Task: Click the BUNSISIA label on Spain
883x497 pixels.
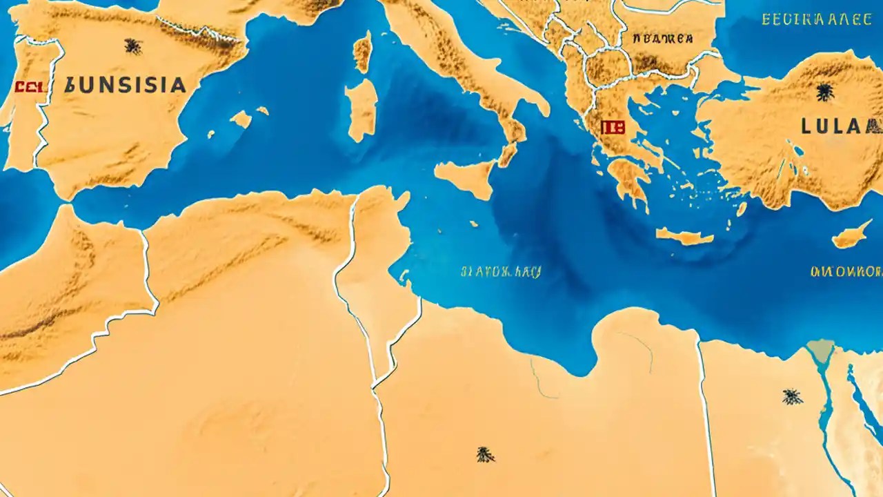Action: point(125,86)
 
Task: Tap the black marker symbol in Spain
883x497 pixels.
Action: point(132,46)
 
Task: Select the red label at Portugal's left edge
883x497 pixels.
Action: point(29,87)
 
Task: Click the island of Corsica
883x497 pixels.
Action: point(362,52)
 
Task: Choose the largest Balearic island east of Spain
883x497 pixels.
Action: point(241,119)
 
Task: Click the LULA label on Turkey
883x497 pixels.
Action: point(840,126)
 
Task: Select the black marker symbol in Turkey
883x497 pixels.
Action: point(824,91)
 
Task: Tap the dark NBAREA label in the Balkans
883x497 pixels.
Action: point(662,39)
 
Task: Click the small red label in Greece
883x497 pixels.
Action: point(612,127)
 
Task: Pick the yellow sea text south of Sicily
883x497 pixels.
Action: point(500,271)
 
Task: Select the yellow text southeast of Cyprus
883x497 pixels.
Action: point(846,271)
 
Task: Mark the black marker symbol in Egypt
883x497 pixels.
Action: point(792,396)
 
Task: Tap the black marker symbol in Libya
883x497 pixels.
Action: point(485,454)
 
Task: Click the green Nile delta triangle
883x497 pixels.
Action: point(821,350)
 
